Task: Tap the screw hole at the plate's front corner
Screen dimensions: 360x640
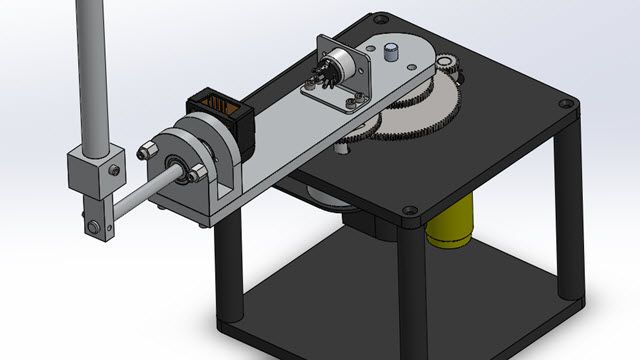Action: (410, 211)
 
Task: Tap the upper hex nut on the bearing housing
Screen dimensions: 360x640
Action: (146, 151)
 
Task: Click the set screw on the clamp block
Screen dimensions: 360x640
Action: (117, 152)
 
